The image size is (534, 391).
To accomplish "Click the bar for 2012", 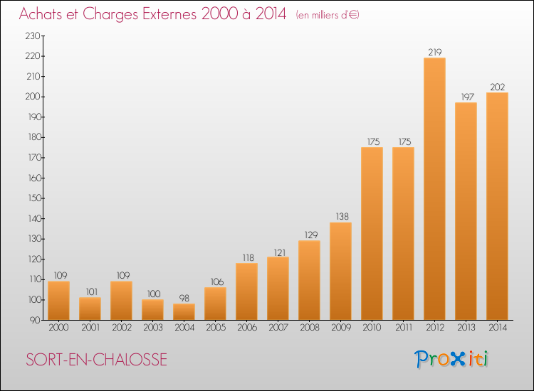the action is (x=434, y=188).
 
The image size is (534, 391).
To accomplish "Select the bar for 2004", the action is (x=184, y=312).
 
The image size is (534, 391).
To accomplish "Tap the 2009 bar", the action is (x=340, y=271).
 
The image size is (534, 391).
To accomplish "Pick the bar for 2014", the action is (x=497, y=206).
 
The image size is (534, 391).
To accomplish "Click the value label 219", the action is (x=435, y=52).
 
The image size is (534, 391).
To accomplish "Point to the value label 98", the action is (x=184, y=298).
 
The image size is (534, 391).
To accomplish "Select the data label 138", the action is (x=342, y=217).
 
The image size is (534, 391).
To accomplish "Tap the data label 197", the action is (x=467, y=97).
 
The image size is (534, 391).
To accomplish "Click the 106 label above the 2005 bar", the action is (x=216, y=282).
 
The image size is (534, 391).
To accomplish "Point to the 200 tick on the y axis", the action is (x=33, y=97).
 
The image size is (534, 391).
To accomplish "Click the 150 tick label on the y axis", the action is (x=35, y=198).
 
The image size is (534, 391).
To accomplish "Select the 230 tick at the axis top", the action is (x=33, y=36).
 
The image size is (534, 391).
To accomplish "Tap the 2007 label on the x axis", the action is (x=278, y=328).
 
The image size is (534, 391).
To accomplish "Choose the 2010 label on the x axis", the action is (x=372, y=328).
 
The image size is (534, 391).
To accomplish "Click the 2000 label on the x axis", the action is (x=58, y=328).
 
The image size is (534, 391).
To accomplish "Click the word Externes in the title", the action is (x=169, y=14).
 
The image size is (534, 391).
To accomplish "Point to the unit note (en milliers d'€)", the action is (x=328, y=15).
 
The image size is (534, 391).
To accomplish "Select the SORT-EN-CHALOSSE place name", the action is (x=96, y=360).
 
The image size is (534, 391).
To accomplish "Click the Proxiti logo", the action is (x=451, y=359).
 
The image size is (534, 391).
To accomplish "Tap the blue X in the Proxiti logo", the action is (x=457, y=360).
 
